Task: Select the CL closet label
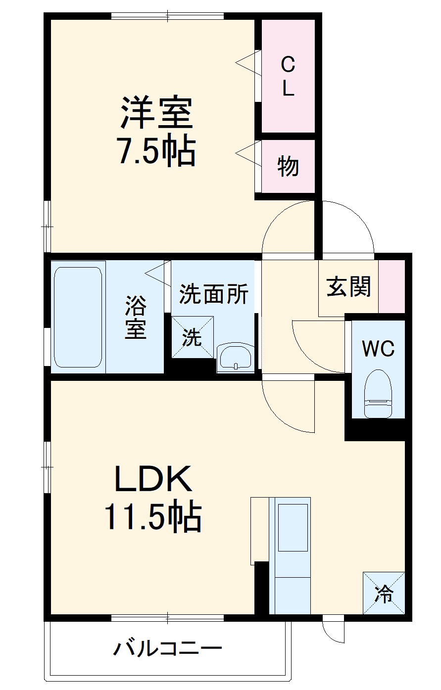[288, 76]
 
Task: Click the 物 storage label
[288, 166]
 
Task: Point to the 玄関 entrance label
[349, 286]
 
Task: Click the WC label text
[378, 349]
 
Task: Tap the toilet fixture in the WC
[378, 393]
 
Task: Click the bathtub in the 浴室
[78, 317]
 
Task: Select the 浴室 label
[135, 317]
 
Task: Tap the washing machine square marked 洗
[193, 337]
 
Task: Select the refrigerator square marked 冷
[384, 593]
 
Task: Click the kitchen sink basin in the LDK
[293, 527]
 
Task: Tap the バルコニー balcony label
[168, 648]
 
